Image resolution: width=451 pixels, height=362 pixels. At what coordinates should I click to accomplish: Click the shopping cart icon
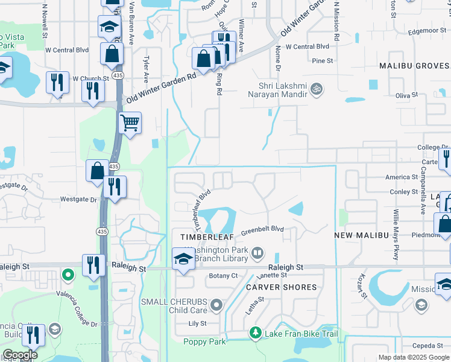tap(130, 123)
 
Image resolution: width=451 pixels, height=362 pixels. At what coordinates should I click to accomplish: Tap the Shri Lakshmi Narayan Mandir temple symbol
tap(316, 90)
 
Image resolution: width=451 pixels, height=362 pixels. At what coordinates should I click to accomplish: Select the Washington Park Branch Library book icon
tap(257, 252)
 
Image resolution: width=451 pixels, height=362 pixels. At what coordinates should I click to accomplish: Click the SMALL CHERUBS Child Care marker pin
tap(217, 306)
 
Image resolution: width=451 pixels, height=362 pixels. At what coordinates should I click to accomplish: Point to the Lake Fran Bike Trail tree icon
tap(256, 333)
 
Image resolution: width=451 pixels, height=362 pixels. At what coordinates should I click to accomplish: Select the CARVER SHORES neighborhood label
tap(281, 287)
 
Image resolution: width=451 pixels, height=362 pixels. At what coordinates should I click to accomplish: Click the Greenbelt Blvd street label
tap(262, 230)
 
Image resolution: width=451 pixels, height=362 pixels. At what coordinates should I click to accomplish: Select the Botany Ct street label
tap(224, 276)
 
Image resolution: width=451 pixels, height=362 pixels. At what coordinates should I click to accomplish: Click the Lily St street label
tap(198, 324)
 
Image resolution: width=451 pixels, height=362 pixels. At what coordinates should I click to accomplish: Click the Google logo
tap(20, 355)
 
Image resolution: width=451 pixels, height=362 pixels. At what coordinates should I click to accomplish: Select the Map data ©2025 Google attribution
tap(414, 357)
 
